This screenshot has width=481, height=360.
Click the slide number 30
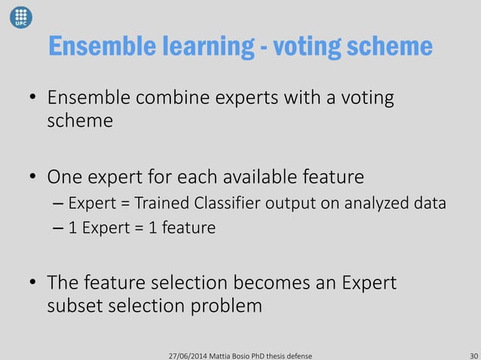coord(473,353)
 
